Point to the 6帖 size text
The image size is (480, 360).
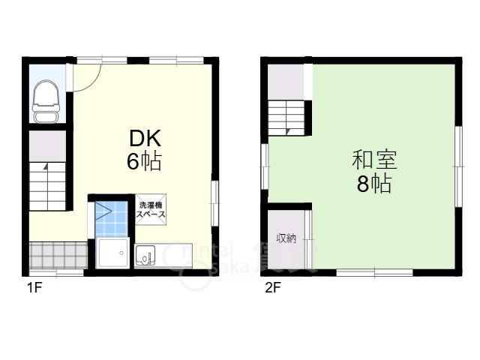click(145, 161)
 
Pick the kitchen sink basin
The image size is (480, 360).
click(144, 256)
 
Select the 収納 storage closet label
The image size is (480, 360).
click(286, 238)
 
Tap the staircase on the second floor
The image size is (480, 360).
click(286, 117)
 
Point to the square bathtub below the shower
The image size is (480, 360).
click(114, 255)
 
